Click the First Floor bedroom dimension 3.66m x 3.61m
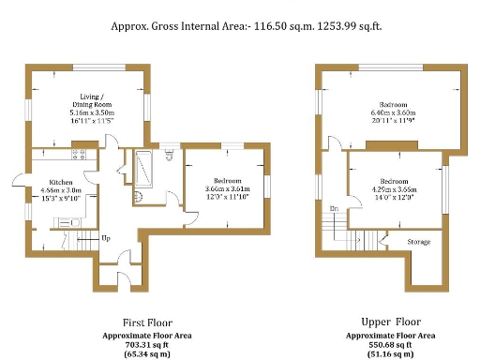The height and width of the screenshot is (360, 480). pyautogui.click(x=228, y=188)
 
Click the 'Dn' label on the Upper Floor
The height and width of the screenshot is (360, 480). pyautogui.click(x=334, y=208)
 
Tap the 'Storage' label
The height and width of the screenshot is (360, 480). pyautogui.click(x=419, y=242)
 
